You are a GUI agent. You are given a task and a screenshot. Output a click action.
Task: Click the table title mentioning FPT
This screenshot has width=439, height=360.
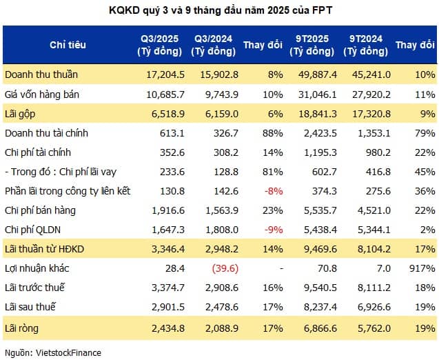(x=219, y=10)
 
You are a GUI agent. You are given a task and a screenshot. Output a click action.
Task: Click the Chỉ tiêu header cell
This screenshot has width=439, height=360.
(x=67, y=45)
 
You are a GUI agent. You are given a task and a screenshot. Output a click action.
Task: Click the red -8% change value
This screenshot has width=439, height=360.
(x=272, y=190)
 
